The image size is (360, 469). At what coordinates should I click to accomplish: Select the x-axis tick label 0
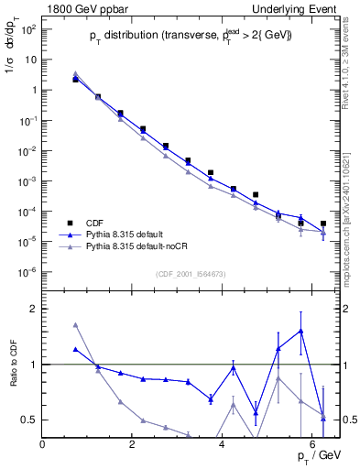pos(43,444)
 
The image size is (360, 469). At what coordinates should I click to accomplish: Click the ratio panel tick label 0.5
pos(27,420)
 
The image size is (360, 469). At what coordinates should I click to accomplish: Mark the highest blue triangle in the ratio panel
pos(300,331)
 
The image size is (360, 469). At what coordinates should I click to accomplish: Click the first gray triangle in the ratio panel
pos(76,325)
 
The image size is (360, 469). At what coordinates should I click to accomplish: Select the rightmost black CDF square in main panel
pos(323,224)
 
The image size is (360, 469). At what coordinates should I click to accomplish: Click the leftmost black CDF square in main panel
pos(76,80)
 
